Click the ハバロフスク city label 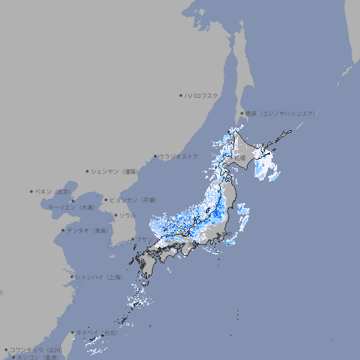pos(202,95)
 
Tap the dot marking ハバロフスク pos(181,95)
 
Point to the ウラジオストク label pos(179,156)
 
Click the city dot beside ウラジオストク pos(155,157)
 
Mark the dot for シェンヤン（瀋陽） pos(88,171)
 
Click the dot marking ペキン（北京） pos(32,191)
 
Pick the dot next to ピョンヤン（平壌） pos(107,200)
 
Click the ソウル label pos(127,215)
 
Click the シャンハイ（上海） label pos(99,277)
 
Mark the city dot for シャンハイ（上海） pos(72,277)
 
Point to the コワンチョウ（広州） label pos(35,349)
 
